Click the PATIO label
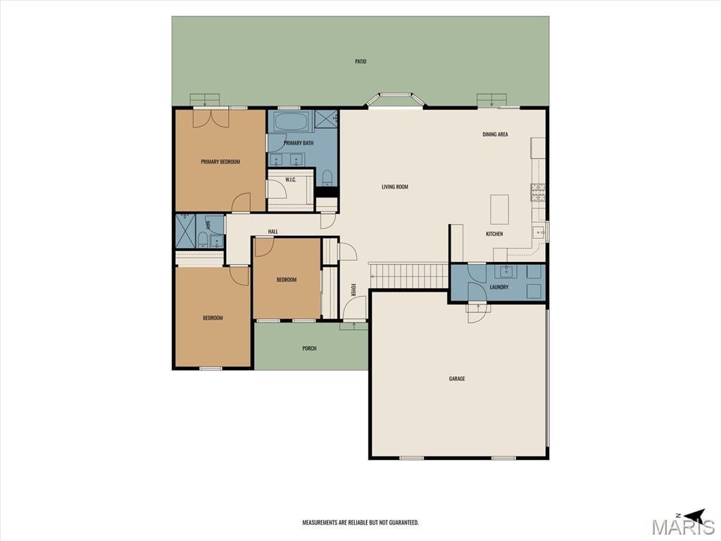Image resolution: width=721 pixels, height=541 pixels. click(360, 61)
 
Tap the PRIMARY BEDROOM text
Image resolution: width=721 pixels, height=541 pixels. click(220, 161)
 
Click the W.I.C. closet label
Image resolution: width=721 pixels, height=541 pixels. click(291, 180)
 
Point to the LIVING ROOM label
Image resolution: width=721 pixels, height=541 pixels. click(395, 187)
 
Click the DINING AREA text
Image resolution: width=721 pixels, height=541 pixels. click(495, 135)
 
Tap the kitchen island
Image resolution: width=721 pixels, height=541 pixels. click(500, 209)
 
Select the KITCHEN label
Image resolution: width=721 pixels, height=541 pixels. click(494, 234)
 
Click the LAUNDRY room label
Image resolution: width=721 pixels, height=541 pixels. click(499, 287)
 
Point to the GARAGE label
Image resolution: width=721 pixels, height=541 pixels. click(457, 378)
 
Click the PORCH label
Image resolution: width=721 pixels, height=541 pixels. click(310, 348)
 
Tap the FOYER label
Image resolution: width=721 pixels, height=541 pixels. click(353, 290)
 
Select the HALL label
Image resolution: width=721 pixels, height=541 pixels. click(273, 231)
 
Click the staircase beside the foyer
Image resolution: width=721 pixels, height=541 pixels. click(409, 275)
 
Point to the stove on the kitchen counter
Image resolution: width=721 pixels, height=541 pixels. click(538, 193)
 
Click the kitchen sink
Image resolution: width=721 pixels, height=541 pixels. click(538, 232)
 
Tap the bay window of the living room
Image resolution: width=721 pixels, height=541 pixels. click(395, 99)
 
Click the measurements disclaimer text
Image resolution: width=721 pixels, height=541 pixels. click(360, 523)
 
